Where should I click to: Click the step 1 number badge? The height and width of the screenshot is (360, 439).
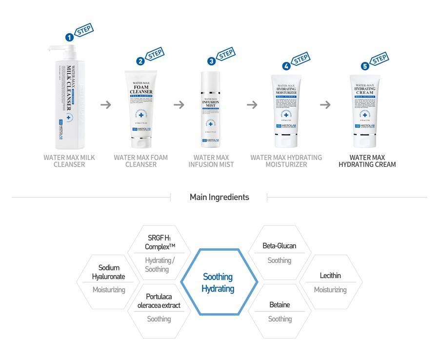pos(70,37)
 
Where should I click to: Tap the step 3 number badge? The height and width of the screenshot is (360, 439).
pos(211,61)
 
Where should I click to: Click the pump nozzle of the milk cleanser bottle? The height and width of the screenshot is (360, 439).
pos(55,47)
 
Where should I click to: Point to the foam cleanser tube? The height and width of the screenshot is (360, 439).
pos(141,107)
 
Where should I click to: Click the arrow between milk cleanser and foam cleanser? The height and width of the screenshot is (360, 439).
pos(105,104)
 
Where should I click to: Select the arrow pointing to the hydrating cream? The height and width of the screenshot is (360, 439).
pos(325,104)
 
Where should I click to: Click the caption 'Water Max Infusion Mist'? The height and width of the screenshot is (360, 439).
pos(211,161)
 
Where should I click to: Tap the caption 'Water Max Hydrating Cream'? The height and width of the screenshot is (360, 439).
pos(367,161)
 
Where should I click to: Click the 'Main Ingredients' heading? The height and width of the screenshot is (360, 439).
pos(219,197)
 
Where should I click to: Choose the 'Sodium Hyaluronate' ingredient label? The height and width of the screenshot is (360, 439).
pos(109,272)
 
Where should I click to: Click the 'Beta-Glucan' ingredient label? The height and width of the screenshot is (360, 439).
pos(279,246)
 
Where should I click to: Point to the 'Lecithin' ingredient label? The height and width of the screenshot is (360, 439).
pos(330,276)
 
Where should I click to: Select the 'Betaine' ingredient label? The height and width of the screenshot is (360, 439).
pos(279,305)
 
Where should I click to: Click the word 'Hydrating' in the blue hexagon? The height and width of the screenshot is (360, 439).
pos(218,289)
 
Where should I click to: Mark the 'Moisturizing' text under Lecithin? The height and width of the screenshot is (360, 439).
pos(330,290)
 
